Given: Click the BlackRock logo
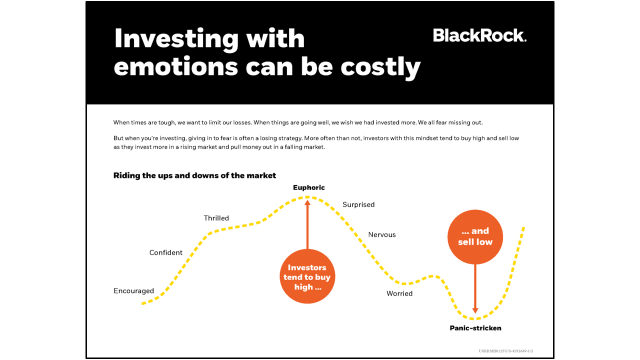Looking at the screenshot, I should click(x=479, y=35).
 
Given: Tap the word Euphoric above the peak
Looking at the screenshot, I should click(x=308, y=187).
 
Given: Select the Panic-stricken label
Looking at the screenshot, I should click(x=475, y=328).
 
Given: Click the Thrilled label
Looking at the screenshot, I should click(x=216, y=218).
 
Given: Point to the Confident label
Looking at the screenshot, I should click(x=166, y=252).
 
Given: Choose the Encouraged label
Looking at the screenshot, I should click(x=133, y=291).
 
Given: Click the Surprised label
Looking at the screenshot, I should click(x=358, y=204).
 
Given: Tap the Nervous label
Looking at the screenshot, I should click(x=381, y=234).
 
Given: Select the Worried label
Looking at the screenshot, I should click(x=399, y=293).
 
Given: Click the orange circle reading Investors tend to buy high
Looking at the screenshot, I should click(x=307, y=276).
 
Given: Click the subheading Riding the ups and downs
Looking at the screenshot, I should click(x=194, y=175).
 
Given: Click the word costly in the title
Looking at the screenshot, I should click(x=380, y=66).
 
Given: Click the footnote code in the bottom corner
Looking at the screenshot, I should click(x=509, y=351).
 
